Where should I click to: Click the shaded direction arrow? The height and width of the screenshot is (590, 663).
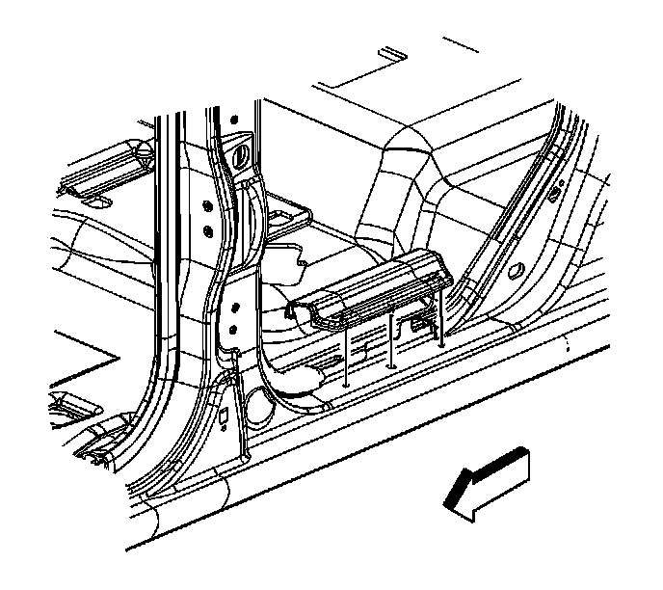(487, 485)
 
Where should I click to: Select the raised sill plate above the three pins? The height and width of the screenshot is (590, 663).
(371, 289)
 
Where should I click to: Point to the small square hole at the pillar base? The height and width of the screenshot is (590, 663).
(224, 416)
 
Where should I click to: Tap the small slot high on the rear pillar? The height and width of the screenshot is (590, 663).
(556, 193)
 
